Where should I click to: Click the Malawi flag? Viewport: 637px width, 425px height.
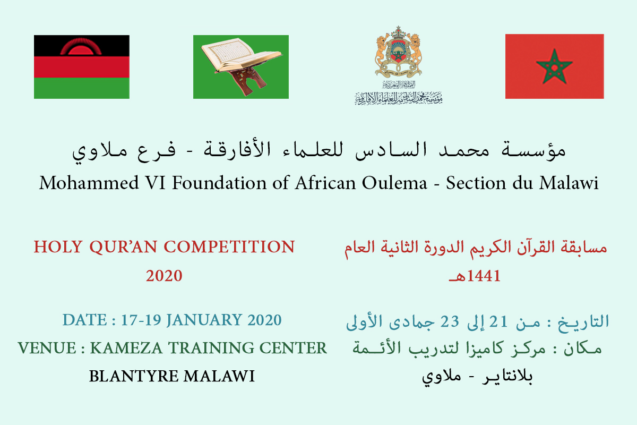(82, 67)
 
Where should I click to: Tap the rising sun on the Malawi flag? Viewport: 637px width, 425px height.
(81, 47)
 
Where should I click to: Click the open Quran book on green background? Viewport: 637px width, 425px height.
(240, 55)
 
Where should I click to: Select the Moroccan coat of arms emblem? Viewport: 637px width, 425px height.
(398, 52)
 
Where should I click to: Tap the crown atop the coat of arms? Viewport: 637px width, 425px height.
(398, 33)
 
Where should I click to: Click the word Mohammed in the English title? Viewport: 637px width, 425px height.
(89, 183)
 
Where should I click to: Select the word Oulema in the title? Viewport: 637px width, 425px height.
(394, 183)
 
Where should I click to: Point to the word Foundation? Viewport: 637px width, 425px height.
(219, 183)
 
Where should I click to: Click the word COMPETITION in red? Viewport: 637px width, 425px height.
(229, 246)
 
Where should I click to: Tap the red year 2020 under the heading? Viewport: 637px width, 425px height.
(164, 276)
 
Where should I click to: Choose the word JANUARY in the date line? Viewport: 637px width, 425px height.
(204, 320)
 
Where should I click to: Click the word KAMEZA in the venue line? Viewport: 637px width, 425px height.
(126, 348)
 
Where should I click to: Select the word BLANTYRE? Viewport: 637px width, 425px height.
(134, 376)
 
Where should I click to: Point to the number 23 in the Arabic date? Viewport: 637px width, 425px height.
(450, 321)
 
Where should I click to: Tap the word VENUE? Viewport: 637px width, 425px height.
(47, 348)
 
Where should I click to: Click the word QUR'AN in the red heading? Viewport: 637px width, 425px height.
(123, 246)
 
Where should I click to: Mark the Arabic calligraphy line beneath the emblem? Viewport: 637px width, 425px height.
(399, 98)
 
